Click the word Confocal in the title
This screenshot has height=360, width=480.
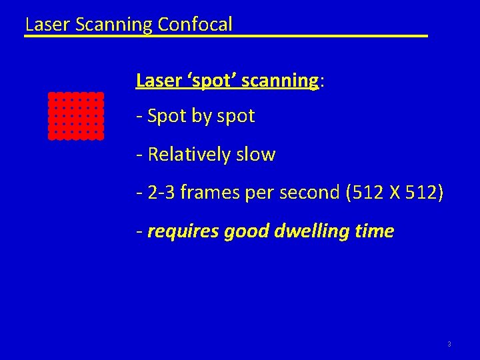pyautogui.click(x=195, y=25)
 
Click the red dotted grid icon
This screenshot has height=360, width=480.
pyautogui.click(x=75, y=115)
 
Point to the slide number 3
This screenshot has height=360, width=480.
pyautogui.click(x=449, y=344)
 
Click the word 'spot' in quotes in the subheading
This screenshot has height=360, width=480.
pyautogui.click(x=212, y=81)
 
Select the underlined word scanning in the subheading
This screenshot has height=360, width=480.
pyautogui.click(x=280, y=81)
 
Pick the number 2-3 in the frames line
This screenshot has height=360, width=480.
pyautogui.click(x=163, y=193)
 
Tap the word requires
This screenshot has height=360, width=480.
pyautogui.click(x=183, y=231)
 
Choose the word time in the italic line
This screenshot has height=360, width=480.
pyautogui.click(x=375, y=231)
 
